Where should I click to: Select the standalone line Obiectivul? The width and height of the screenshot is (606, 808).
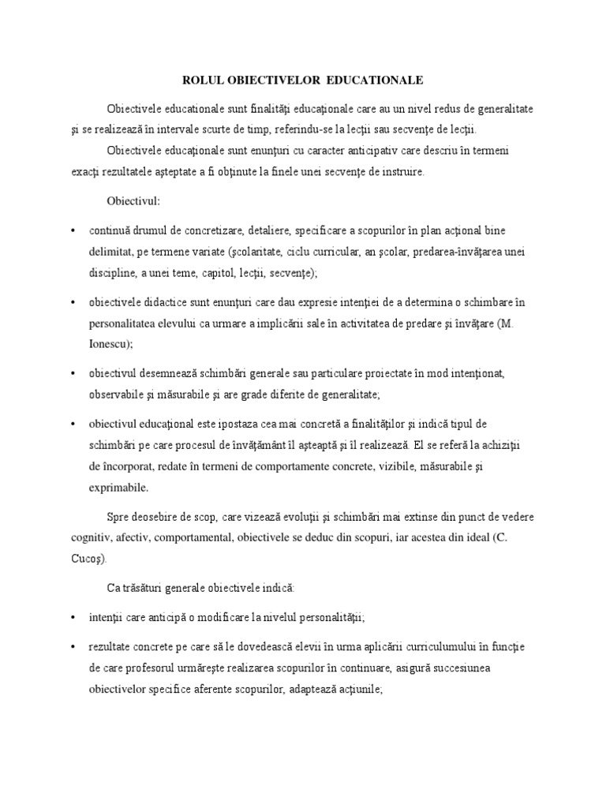click(133, 201)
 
